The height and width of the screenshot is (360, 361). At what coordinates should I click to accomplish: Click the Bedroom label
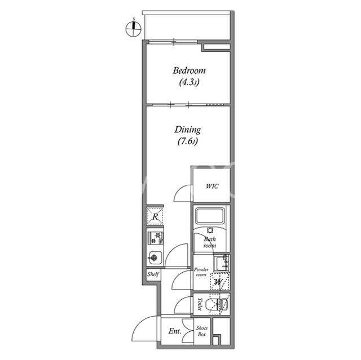click(x=189, y=70)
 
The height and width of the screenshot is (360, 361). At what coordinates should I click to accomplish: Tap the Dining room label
click(x=188, y=130)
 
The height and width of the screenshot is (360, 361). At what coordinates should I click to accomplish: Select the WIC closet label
click(x=212, y=186)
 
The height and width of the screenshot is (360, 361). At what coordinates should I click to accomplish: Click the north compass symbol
click(x=134, y=29)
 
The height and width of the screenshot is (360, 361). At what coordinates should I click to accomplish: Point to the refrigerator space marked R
click(x=155, y=216)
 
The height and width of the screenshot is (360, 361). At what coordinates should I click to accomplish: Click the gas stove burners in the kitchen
click(x=156, y=238)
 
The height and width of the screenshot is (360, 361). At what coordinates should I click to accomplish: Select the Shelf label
click(x=153, y=274)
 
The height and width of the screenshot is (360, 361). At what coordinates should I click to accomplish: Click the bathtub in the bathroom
click(x=210, y=215)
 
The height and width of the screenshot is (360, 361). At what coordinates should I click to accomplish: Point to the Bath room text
click(x=210, y=242)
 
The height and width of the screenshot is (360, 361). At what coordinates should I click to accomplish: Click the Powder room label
click(x=201, y=272)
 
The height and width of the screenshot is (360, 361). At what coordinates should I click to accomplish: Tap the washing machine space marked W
click(x=220, y=281)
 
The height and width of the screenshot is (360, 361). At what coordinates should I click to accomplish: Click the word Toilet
click(x=200, y=304)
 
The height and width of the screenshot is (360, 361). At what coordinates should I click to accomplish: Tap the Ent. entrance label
click(x=175, y=331)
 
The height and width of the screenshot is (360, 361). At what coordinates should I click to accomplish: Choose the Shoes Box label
click(x=202, y=331)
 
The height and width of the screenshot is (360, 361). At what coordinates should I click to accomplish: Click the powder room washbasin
click(x=222, y=263)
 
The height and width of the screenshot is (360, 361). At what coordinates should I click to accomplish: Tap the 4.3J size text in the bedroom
click(x=189, y=82)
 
